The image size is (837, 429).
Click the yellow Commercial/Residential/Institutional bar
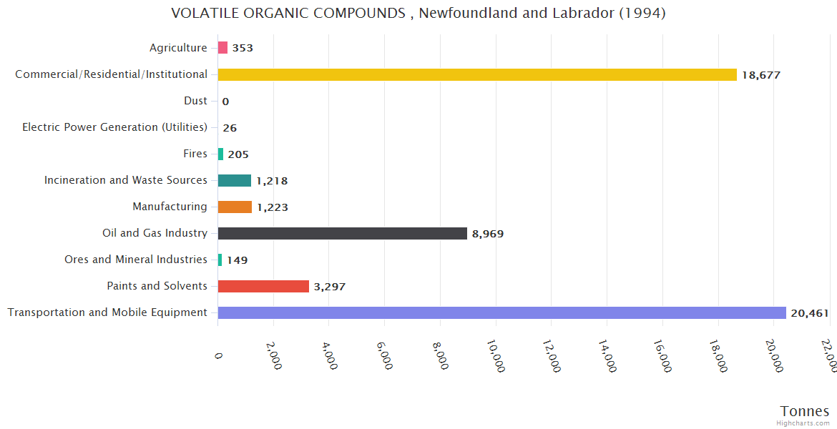click(477, 74)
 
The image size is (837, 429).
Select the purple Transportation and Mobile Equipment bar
click(501, 312)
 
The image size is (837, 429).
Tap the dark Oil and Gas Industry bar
click(342, 233)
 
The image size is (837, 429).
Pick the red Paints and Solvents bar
click(263, 286)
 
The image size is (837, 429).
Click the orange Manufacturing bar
click(235, 207)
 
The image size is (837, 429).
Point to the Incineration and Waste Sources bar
click(235, 180)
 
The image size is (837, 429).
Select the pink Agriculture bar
click(222, 48)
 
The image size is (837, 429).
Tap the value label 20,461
click(810, 313)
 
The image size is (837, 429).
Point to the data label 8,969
click(488, 234)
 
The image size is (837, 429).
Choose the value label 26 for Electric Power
click(230, 128)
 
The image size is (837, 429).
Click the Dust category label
click(195, 101)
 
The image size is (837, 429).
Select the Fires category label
click(195, 154)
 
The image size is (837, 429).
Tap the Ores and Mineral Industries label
click(136, 260)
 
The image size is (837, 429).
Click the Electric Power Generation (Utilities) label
click(114, 127)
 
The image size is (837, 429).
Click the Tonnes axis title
click(804, 411)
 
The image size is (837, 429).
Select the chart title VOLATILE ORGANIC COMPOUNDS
click(418, 13)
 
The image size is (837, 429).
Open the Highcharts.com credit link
click(803, 423)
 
